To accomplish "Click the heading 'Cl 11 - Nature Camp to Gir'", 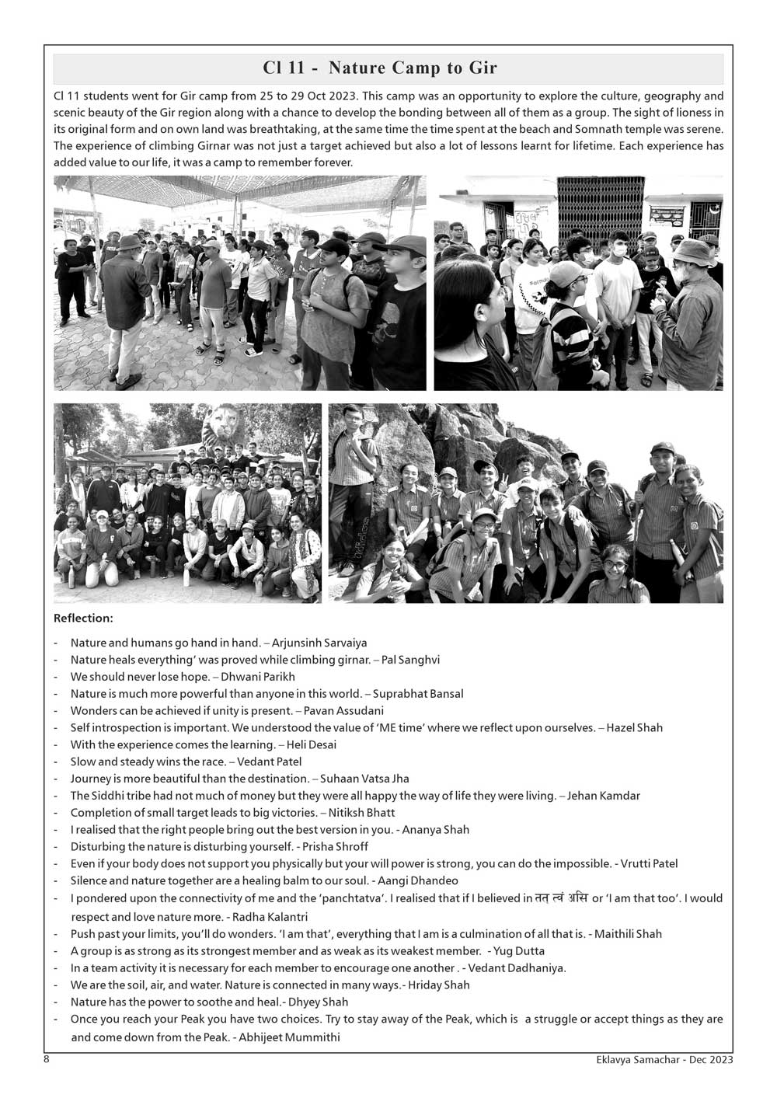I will point(380,68).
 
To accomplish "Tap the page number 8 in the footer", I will point(47,1059).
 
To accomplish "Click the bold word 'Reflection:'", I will point(83,619).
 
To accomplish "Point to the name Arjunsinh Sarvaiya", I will point(319,643).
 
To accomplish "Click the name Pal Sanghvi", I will point(410,660).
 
